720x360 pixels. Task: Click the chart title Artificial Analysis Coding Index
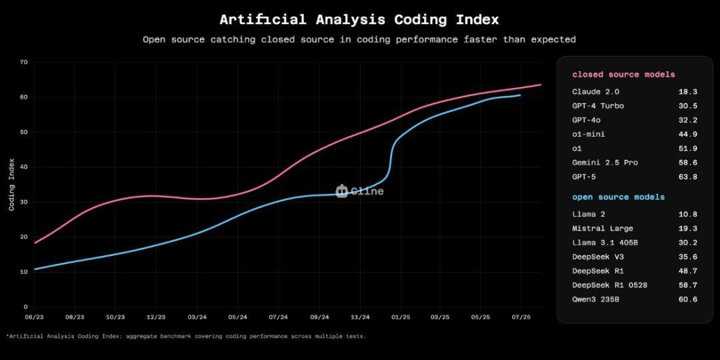[359, 19]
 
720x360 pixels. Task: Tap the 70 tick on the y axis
[24, 62]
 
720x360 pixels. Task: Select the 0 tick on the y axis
[25, 307]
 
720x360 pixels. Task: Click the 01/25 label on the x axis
[401, 317]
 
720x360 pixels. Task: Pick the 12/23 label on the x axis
[156, 317]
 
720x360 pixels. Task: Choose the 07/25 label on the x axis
[521, 317]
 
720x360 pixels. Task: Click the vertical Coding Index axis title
[11, 184]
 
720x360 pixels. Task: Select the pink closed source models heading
[623, 75]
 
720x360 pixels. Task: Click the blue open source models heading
[618, 197]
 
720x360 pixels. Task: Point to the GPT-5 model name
[585, 177]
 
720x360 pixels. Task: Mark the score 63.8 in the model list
[687, 177]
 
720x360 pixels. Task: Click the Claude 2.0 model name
[595, 91]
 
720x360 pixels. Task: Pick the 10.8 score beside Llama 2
[687, 214]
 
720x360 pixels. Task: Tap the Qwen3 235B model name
[595, 299]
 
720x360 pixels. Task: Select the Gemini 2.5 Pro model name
[605, 163]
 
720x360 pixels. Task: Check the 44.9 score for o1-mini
[687, 134]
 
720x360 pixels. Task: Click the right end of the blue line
[521, 95]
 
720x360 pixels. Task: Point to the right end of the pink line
[541, 85]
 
